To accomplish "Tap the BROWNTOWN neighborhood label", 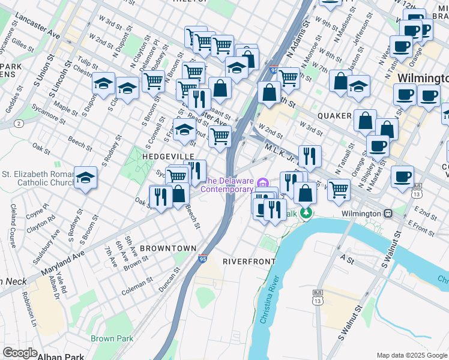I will tap(168, 248).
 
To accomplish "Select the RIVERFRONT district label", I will tap(249, 262).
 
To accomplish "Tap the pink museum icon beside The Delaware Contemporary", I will tap(262, 182).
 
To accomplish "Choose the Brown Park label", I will tap(112, 338).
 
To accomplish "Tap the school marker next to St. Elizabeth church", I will tap(86, 178).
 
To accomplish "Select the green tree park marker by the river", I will tap(307, 212).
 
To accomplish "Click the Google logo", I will tap(20, 353).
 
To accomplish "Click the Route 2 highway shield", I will tap(20, 123).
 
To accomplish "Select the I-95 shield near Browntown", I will tap(203, 258).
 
